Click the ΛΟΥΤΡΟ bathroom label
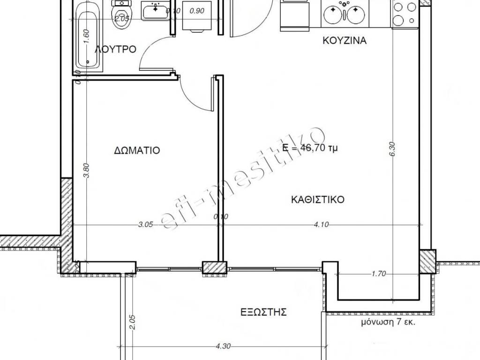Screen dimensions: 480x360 point(116,49)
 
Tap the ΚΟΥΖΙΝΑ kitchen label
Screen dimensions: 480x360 point(345,40)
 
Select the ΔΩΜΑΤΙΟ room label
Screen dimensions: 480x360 point(137,150)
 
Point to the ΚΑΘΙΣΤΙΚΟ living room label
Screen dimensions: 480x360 point(318,200)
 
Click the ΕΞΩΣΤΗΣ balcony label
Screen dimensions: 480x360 point(263,312)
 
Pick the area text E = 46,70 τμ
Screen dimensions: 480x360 point(310,148)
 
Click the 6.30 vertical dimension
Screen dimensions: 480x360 point(393,149)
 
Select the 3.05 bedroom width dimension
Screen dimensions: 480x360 point(145,225)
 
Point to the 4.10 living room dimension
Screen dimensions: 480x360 point(321,225)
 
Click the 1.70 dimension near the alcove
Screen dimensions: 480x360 point(379,274)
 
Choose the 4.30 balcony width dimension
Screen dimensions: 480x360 point(223,346)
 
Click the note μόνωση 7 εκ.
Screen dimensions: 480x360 point(388,322)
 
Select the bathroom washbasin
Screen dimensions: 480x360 point(156,11)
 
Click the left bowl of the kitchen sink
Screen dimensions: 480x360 point(333,15)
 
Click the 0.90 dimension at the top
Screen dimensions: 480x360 point(197,11)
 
